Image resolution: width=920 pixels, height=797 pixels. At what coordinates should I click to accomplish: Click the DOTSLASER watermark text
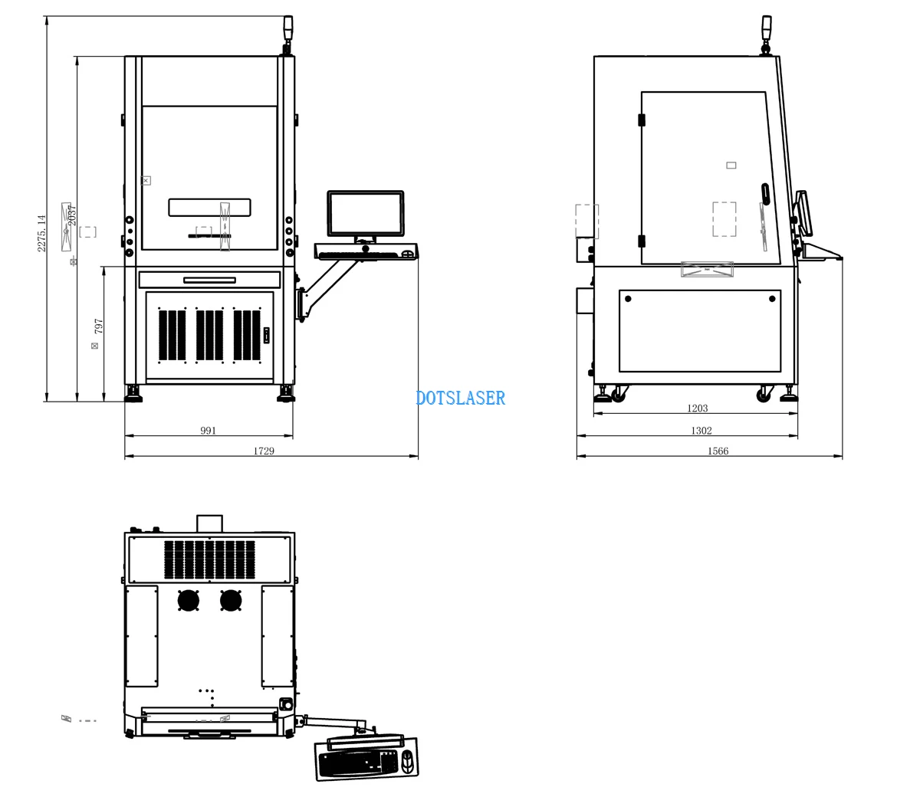460,398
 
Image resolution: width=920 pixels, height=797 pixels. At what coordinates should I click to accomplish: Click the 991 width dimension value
208,431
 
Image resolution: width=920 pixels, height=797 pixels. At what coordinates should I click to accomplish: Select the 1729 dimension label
264,451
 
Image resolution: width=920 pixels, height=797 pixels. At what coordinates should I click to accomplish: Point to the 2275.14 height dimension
41,233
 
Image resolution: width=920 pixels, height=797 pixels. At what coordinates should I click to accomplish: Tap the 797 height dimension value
98,326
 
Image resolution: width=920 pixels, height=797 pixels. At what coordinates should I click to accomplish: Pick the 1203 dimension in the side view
697,408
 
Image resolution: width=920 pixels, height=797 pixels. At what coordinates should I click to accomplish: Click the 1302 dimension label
701,431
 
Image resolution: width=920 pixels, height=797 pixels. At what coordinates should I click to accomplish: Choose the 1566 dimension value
718,451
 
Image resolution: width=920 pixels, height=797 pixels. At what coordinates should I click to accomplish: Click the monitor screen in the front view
366,214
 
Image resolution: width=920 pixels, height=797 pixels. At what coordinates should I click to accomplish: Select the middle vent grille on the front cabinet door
209,335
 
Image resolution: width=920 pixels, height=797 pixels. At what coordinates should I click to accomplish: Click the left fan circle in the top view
189,600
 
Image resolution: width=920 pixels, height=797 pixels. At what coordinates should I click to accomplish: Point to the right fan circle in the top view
231,600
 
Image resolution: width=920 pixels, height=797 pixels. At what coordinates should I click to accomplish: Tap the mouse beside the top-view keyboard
407,762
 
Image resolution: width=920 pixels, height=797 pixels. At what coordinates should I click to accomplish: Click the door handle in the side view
766,195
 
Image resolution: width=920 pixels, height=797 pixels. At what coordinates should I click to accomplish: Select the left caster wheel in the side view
618,395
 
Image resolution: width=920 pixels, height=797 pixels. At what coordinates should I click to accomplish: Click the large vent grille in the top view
209,559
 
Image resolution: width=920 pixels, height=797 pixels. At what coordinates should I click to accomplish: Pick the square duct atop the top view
209,523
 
